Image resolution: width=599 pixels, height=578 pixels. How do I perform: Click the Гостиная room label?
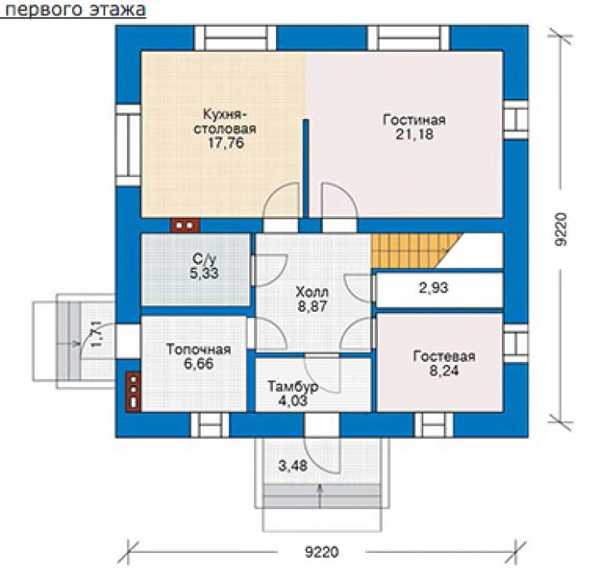click(414, 120)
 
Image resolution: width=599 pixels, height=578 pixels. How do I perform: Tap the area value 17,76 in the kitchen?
click(226, 142)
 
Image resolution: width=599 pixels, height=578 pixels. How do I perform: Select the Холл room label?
click(312, 292)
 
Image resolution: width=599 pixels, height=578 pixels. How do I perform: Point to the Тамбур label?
click(293, 386)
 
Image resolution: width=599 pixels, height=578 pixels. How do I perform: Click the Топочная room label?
click(198, 349)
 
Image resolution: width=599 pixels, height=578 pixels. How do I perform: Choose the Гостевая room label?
click(444, 356)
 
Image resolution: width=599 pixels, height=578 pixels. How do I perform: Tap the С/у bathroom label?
click(204, 259)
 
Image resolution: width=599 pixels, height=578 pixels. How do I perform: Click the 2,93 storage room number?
click(434, 287)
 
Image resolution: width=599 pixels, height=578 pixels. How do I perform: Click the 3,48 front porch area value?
click(293, 465)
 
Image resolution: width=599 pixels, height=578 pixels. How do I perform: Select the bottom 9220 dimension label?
click(321, 552)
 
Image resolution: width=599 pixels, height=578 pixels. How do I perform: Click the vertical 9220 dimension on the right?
click(561, 229)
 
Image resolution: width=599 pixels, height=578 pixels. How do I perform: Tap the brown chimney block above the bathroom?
click(185, 225)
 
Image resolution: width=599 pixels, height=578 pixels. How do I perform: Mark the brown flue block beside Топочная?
click(134, 392)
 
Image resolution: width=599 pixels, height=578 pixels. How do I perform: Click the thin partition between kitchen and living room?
click(306, 168)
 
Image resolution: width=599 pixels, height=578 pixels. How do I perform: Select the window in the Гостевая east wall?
click(516, 344)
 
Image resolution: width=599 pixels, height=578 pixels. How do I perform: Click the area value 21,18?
click(414, 134)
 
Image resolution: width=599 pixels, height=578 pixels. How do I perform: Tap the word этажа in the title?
click(118, 10)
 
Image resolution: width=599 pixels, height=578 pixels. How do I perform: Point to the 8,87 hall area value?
click(312, 306)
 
